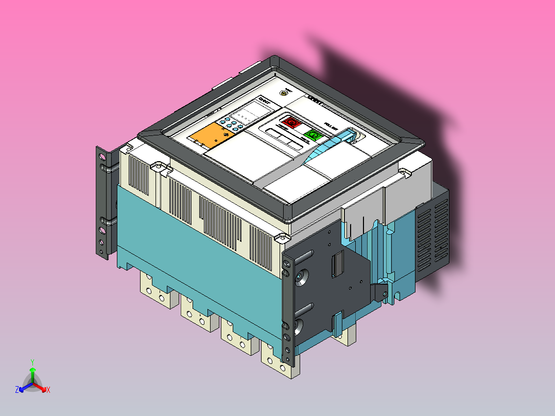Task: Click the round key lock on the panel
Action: [283, 93]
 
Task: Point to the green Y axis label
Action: [32, 361]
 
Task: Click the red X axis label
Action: [48, 390]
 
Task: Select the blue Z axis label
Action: [17, 390]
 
